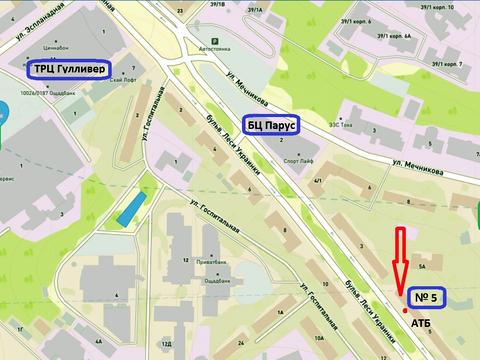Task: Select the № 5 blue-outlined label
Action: tap(427, 296)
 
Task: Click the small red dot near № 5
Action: tap(404, 311)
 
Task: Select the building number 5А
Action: tap(423, 268)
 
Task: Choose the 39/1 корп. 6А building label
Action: tap(398, 38)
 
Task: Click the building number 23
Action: tap(179, 10)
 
